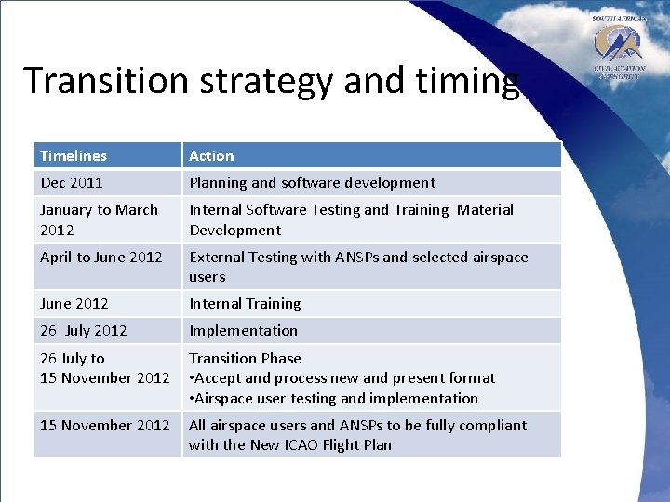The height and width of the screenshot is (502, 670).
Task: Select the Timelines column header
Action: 74,156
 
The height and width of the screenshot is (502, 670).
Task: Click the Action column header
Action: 212,156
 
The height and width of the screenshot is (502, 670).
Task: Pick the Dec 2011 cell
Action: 72,183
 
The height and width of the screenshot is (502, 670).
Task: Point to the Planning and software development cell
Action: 312,183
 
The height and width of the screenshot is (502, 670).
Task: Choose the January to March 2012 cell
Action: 99,219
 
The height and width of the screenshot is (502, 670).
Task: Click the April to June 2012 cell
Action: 100,258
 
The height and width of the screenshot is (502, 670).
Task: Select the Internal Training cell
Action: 245,304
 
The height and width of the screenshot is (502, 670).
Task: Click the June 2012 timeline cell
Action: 74,304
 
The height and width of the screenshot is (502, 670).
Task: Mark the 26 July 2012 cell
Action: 84,331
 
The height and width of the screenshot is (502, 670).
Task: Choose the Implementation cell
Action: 244,331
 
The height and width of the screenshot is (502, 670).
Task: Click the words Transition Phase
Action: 245,358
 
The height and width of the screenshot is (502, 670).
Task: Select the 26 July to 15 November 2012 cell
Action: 104,368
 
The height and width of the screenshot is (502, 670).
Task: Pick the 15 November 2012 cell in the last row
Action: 104,426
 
